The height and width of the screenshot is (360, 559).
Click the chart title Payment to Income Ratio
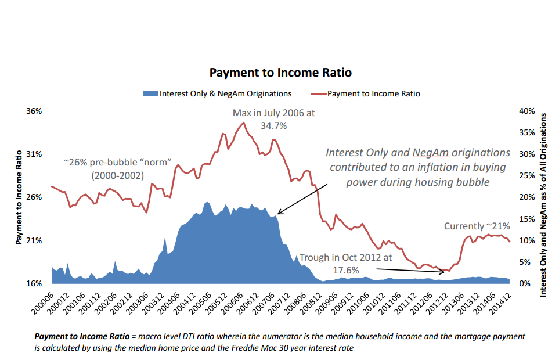point(280,73)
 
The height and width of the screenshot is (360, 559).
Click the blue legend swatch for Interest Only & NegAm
point(150,93)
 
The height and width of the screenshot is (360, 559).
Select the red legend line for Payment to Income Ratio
point(318,93)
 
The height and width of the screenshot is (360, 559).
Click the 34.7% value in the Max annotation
point(273,125)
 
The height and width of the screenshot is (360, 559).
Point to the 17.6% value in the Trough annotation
point(345,270)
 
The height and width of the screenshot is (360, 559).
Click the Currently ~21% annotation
point(477,226)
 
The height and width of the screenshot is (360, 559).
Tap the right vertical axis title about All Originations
point(544,204)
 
